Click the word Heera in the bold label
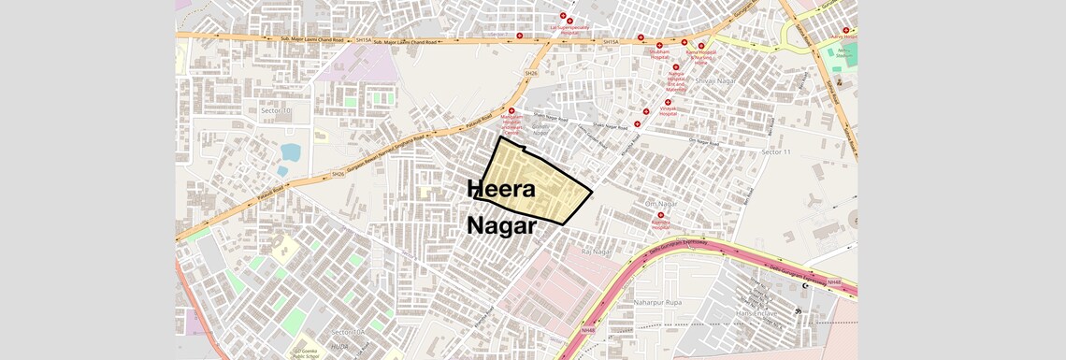click(x=501, y=189)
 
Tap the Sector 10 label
click(x=269, y=111)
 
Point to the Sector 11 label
click(x=775, y=151)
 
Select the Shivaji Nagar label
click(x=714, y=81)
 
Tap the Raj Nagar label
click(x=596, y=252)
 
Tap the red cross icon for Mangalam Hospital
click(x=511, y=110)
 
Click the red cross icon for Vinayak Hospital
click(x=668, y=103)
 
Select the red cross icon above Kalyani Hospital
click(x=660, y=215)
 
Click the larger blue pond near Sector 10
click(x=290, y=151)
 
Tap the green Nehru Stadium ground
click(x=842, y=52)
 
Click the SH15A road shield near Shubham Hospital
click(x=612, y=41)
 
